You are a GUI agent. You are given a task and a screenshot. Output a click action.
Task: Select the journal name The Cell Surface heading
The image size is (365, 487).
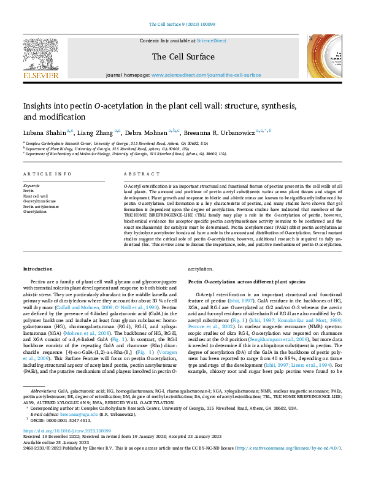coord(182,56)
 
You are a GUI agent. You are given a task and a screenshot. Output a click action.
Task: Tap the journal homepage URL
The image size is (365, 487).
coord(206,75)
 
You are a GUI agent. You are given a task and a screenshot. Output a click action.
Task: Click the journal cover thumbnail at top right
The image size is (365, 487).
coord(325,58)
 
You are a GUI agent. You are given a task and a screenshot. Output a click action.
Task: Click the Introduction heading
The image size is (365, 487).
coord(38,269)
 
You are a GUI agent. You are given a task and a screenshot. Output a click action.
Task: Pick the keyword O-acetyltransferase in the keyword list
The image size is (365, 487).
coord(40,201)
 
